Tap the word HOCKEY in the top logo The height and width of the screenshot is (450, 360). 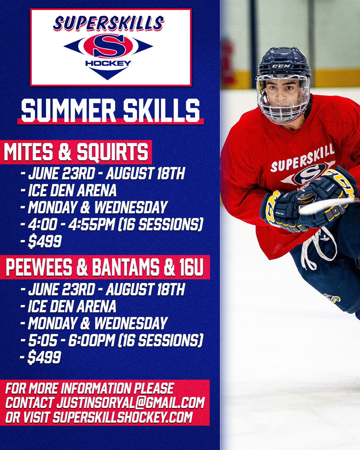point(108,63)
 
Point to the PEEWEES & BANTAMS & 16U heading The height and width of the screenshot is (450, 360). point(104,267)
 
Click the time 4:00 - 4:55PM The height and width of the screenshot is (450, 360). point(71,224)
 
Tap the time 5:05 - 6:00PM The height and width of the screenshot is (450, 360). point(71,340)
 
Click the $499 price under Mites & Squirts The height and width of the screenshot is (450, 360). point(45,241)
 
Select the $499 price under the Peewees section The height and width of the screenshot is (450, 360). point(44,357)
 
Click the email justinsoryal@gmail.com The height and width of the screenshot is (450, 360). point(130,402)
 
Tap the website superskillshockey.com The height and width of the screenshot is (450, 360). point(122,417)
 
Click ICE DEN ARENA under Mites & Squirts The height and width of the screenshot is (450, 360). point(72,190)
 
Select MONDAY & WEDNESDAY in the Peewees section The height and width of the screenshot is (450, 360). point(98,323)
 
